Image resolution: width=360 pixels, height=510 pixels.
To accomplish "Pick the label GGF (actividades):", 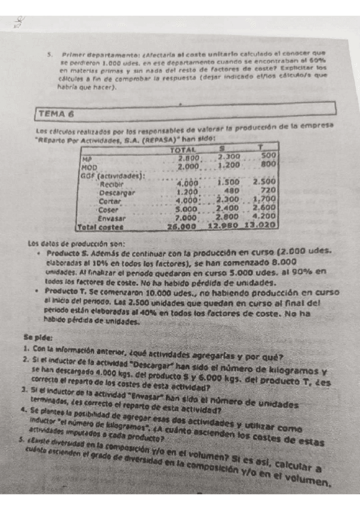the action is [113, 174].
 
